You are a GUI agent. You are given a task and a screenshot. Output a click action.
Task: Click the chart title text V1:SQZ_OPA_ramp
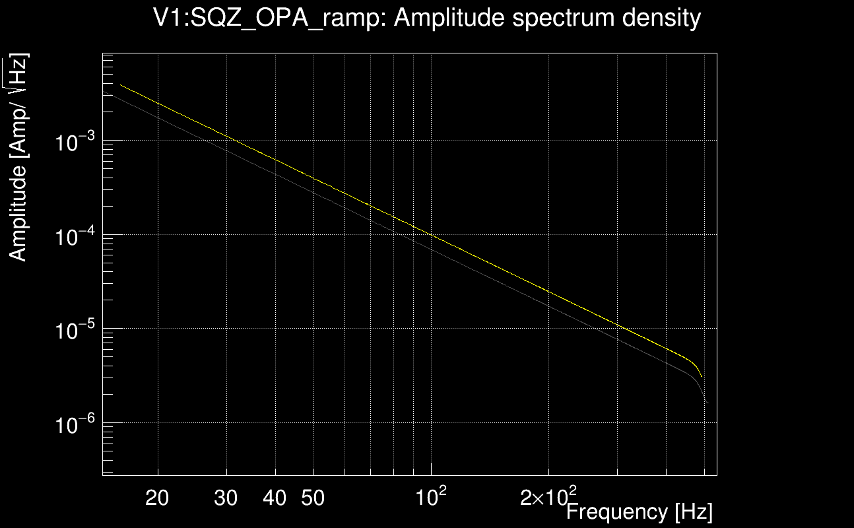pyautogui.click(x=270, y=18)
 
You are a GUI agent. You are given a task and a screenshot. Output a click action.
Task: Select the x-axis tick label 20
pyautogui.click(x=157, y=498)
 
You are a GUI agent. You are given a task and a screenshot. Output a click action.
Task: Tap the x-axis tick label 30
pyautogui.click(x=226, y=498)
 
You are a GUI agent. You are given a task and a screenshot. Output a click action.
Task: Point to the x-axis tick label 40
pyautogui.click(x=275, y=498)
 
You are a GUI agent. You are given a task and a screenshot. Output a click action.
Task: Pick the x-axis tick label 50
pyautogui.click(x=313, y=498)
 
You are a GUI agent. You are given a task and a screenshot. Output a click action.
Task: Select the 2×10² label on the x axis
pyautogui.click(x=548, y=496)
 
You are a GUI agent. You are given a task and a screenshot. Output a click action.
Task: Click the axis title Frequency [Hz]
pyautogui.click(x=639, y=511)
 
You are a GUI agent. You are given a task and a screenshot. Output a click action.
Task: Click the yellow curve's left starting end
pyautogui.click(x=120, y=84)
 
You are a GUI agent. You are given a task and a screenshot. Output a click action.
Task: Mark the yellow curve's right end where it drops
pyautogui.click(x=701, y=376)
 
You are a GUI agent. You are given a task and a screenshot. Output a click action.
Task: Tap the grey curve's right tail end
pyautogui.click(x=707, y=402)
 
